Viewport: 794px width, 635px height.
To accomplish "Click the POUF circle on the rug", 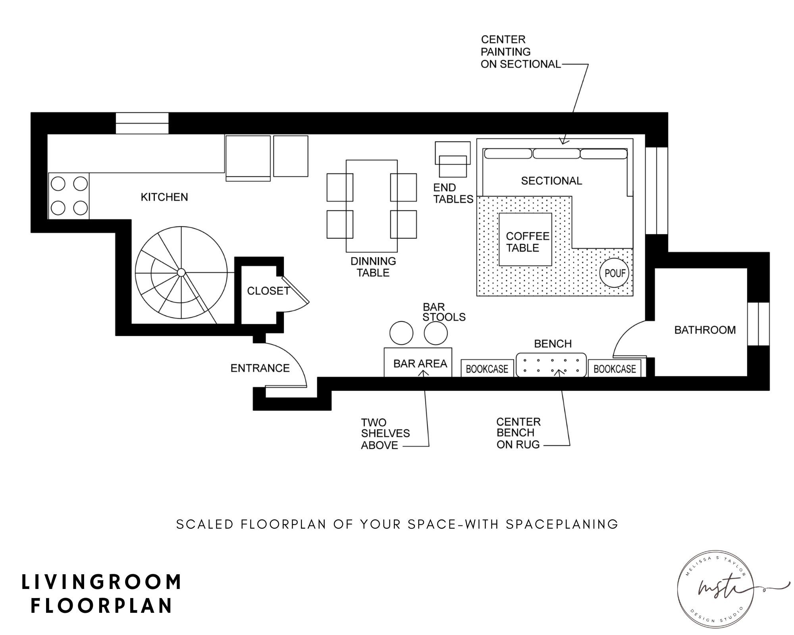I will click(615, 273).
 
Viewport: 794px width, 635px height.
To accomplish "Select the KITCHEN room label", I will click(164, 197).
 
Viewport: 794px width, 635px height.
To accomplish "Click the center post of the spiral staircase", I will click(181, 272).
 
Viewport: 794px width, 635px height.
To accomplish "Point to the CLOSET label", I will click(268, 291).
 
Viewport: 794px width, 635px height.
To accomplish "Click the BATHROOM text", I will click(705, 330).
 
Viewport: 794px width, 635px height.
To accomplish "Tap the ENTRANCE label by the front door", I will click(260, 368).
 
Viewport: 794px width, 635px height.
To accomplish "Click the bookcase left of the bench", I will click(487, 369).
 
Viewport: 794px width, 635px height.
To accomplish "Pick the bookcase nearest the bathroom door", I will click(614, 369).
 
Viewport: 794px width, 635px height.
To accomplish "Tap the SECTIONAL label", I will click(551, 181).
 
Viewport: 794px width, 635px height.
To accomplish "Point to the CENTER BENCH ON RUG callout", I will click(518, 433).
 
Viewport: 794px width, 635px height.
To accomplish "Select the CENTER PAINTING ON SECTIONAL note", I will click(520, 52).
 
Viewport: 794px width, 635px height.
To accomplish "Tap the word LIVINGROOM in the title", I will click(102, 582).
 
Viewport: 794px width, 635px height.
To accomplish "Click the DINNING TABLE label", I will click(373, 267).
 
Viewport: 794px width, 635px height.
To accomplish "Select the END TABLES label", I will click(453, 193).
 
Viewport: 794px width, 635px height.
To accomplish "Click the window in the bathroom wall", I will click(758, 324).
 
